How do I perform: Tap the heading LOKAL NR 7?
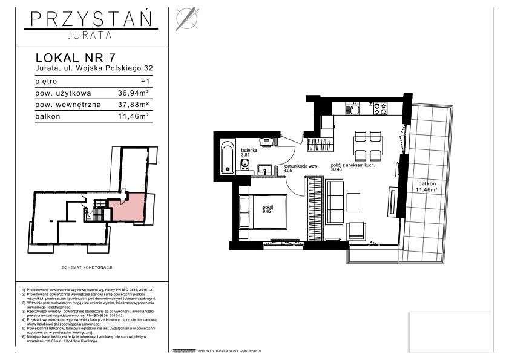click(x=76, y=58)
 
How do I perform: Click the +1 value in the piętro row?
click(x=144, y=81)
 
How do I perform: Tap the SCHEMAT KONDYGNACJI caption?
click(x=88, y=266)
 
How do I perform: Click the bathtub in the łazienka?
click(x=227, y=157)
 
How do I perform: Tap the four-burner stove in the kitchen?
click(x=379, y=110)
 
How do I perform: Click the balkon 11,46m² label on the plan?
click(x=427, y=185)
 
